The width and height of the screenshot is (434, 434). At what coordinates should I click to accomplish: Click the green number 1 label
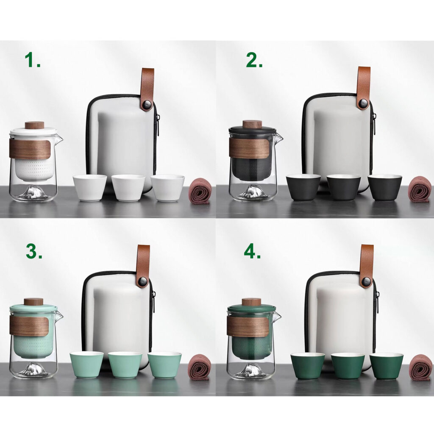[x=32, y=60]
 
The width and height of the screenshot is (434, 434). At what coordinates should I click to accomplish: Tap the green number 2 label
[x=254, y=60]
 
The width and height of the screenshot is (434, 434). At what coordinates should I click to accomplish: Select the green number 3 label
[x=34, y=251]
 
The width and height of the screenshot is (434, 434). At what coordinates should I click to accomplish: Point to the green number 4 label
[x=252, y=251]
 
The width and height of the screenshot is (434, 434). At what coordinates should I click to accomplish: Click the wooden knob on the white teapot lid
[x=35, y=125]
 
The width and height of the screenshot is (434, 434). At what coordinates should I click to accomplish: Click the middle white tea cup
[x=128, y=187]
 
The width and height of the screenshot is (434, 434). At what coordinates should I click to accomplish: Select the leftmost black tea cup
[x=303, y=187]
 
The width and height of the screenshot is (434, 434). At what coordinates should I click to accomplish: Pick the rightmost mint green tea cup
[x=164, y=365]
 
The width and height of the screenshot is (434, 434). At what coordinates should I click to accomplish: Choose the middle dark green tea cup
[x=348, y=365]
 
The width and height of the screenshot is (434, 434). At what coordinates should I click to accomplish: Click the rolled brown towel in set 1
[x=201, y=191]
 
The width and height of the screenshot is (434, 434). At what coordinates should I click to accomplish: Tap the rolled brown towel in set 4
[x=420, y=367]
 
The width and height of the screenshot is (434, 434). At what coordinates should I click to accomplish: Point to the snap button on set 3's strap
[x=143, y=282]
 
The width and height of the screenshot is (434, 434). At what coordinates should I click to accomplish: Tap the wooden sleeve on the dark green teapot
[x=248, y=327]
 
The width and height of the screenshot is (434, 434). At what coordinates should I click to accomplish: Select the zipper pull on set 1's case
[x=158, y=125]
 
